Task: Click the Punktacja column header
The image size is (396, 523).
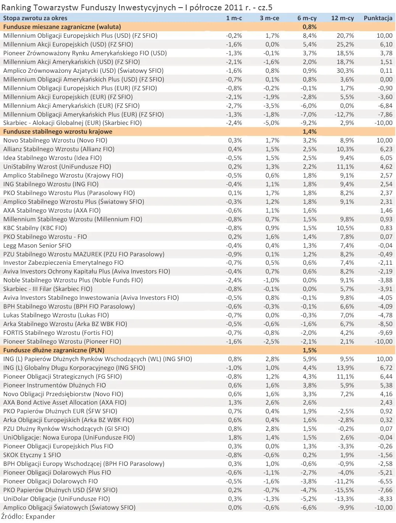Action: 378,18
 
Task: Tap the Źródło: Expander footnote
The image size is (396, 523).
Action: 28,517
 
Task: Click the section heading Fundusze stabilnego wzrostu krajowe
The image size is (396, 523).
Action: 58,132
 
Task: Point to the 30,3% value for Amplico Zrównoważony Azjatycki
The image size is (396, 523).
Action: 345,70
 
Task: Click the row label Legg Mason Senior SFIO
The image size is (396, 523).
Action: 37,245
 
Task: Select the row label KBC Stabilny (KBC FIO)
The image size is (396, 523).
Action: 35,228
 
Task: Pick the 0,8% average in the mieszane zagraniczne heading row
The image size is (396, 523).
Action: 309,27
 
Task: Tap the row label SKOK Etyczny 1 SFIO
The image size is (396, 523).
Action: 32,455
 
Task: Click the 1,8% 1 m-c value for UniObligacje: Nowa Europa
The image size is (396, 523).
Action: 235,437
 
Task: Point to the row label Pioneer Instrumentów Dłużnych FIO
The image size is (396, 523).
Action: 55,385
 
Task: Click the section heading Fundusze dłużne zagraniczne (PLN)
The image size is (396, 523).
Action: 54,350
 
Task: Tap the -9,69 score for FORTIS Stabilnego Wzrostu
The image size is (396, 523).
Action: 385,333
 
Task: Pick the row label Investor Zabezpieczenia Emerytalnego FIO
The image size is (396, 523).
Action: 63,262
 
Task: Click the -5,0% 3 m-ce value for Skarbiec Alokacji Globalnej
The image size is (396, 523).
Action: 271,123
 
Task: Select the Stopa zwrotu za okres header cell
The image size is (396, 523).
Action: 35,18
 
